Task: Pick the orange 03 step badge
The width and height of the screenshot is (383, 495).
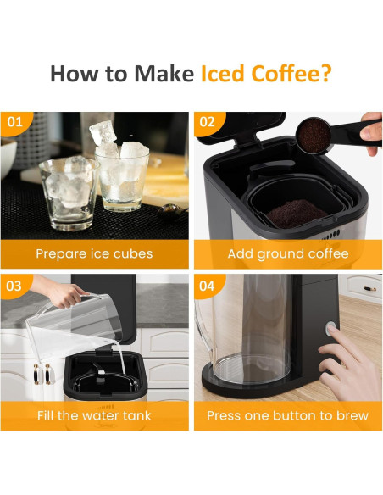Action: (15, 286)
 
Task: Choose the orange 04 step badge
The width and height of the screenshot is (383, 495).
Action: (208, 286)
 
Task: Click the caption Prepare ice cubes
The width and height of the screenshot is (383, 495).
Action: (94, 253)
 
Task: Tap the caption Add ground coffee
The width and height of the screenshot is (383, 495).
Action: (287, 253)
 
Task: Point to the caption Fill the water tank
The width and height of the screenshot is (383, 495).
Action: (94, 416)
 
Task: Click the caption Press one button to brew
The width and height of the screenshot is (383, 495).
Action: (287, 416)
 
